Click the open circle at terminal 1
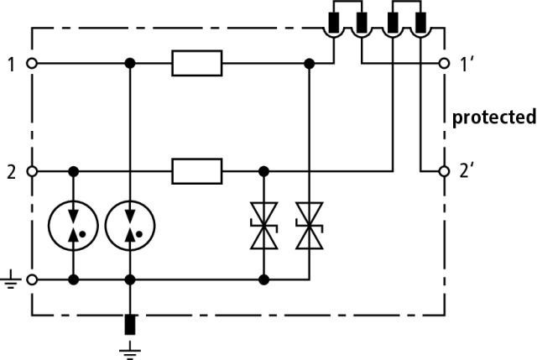(32, 64)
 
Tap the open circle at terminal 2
(32, 171)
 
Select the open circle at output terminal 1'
(444, 64)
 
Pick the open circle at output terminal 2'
(444, 171)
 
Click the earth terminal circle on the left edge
(32, 279)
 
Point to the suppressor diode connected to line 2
(263, 226)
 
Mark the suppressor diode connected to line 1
(310, 226)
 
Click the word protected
(494, 117)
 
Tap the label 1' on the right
(466, 65)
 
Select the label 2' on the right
(467, 171)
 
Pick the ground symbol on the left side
(11, 279)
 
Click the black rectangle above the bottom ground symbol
(130, 325)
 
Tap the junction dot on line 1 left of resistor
(130, 64)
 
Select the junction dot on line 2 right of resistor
(263, 171)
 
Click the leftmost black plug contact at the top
(334, 23)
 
